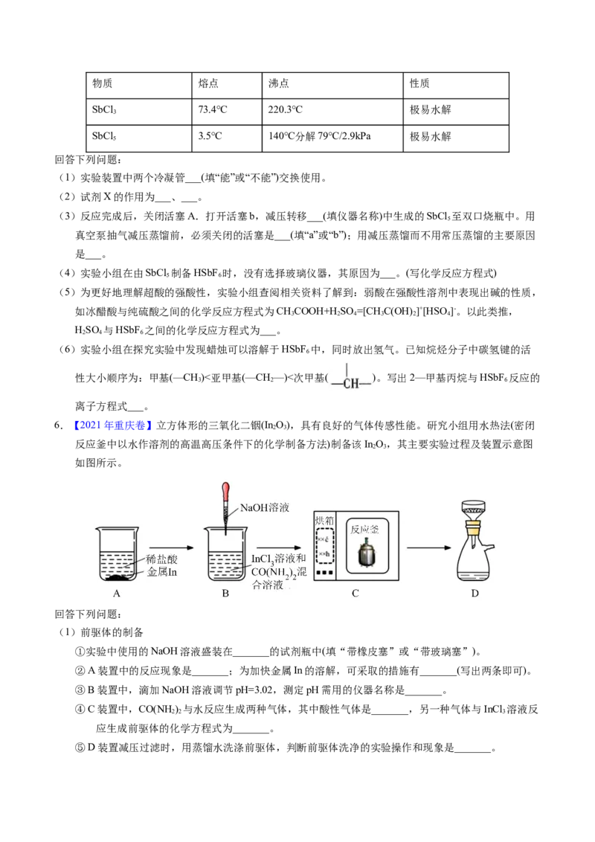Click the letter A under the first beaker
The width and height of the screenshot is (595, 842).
pyautogui.click(x=117, y=594)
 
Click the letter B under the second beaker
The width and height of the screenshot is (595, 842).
pyautogui.click(x=225, y=594)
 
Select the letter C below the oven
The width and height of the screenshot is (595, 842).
pyautogui.click(x=356, y=594)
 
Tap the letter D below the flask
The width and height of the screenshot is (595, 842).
pyautogui.click(x=475, y=594)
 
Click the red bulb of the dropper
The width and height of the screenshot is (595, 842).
pyautogui.click(x=226, y=492)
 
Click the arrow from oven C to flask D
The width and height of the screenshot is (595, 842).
pyautogui.click(x=430, y=548)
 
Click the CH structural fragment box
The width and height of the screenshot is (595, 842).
pyautogui.click(x=351, y=375)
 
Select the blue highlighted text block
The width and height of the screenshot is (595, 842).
pyautogui.click(x=113, y=425)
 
